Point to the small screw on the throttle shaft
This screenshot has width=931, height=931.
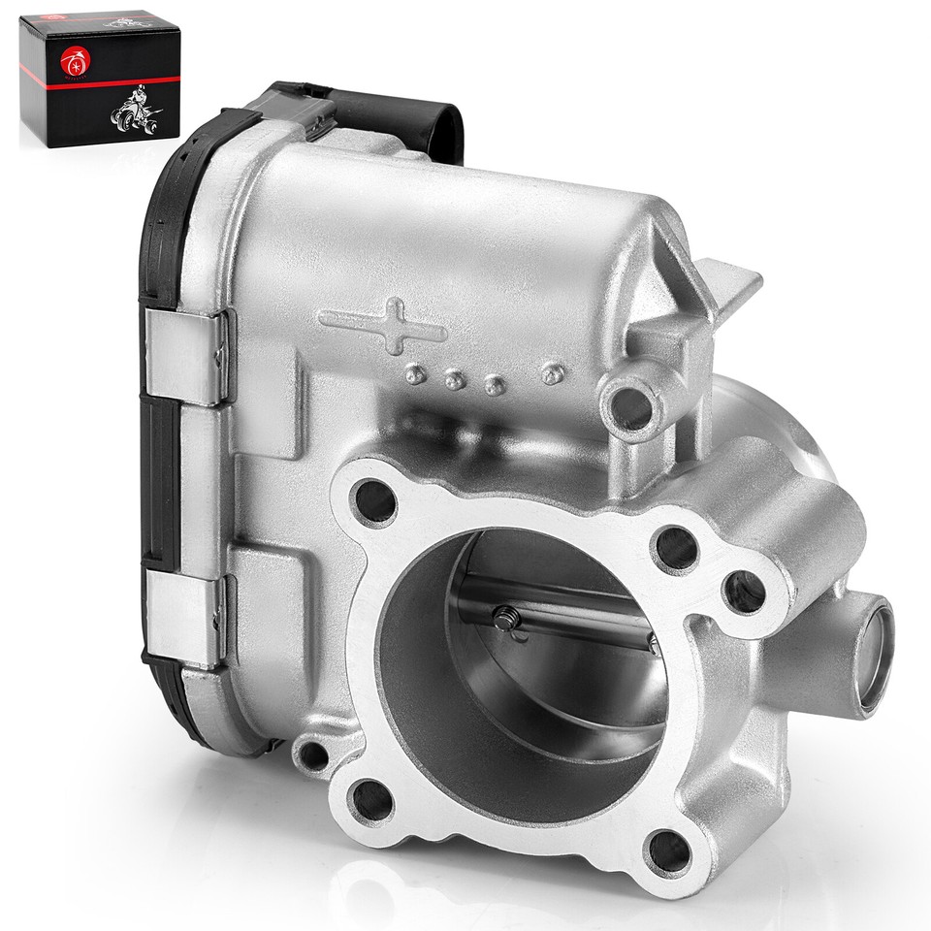[x=505, y=618]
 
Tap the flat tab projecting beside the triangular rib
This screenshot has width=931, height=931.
[x=731, y=281]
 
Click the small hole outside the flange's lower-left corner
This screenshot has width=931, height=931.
[x=312, y=753]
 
